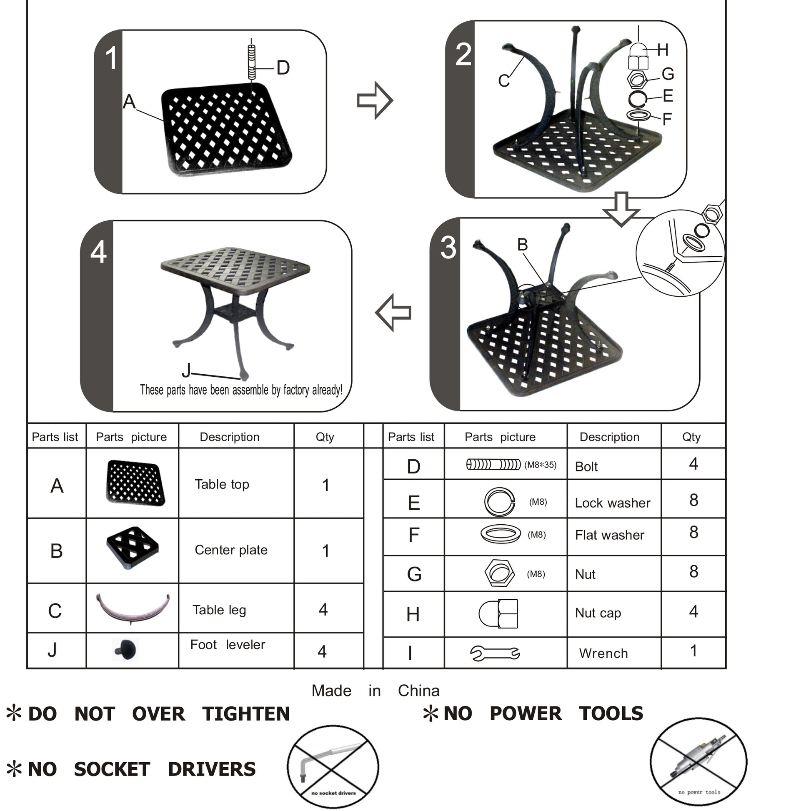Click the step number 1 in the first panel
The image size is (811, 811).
111,58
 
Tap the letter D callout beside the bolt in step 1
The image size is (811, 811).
283,68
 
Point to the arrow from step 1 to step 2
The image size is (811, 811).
374,100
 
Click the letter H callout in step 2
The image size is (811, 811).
663,50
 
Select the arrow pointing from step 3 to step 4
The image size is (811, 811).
393,313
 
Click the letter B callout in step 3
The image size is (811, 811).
522,245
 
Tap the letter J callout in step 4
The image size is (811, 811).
186,370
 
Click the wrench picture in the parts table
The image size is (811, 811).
496,653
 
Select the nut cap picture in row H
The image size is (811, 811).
499,614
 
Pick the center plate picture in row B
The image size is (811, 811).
133,547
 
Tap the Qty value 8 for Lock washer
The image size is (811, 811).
693,500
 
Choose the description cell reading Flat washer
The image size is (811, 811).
610,535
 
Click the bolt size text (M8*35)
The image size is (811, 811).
540,465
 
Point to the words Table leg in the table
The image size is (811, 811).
219,610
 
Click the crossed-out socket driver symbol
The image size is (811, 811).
333,766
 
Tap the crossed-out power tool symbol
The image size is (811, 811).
698,761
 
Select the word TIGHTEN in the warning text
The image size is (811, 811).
246,714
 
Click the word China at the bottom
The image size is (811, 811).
418,691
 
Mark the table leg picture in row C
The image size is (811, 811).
133,608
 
